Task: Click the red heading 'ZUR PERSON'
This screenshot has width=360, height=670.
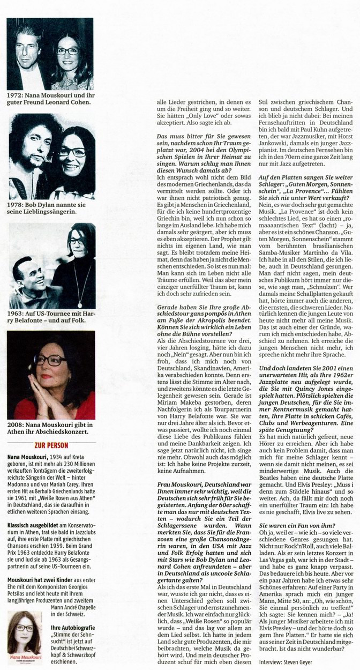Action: point(51,445)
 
